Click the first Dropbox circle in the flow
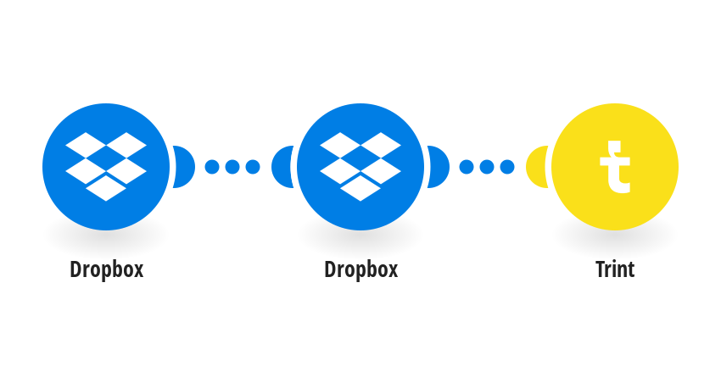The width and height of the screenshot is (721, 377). coord(106,167)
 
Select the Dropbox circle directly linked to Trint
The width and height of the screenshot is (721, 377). coord(360,167)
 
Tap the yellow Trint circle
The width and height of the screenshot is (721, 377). coord(615,167)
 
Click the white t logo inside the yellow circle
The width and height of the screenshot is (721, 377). coord(615,167)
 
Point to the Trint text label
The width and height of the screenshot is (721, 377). coord(615,269)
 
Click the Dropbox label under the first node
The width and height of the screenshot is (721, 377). coord(107,269)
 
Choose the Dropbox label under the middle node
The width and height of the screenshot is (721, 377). coord(361,269)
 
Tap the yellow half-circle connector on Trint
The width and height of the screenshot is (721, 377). coord(535,167)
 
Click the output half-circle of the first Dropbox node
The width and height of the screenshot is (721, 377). coord(185,167)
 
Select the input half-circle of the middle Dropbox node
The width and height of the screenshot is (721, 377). coord(281,167)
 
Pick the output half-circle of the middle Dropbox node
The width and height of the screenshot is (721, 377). coord(439,167)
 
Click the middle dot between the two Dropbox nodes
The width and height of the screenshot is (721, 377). coord(232,167)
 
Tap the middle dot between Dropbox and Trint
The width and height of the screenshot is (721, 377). coord(487,167)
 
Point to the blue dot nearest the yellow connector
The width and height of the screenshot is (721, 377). coord(507,167)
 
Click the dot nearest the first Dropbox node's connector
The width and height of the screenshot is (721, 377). coord(212,167)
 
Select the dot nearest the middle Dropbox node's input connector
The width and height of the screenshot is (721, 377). coord(253,167)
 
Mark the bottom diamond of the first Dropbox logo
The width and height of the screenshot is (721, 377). coord(106,188)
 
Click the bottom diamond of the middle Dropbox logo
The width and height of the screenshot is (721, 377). coord(360,188)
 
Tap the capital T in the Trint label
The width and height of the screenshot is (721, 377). coord(601,269)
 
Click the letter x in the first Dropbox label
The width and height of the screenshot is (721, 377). coord(138,271)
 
